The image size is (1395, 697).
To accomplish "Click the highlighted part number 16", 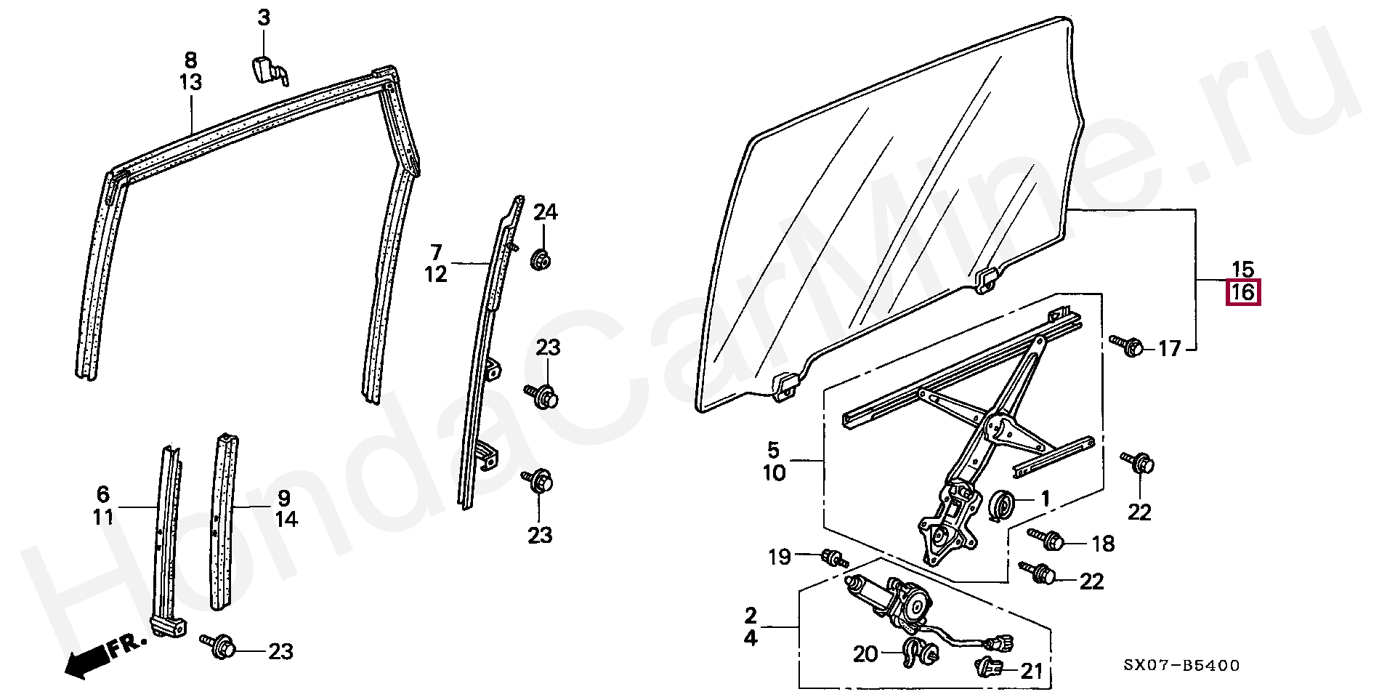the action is point(1243,293).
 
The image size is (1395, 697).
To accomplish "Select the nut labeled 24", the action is point(539,259).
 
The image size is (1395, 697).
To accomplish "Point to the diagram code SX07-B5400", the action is point(1181,666).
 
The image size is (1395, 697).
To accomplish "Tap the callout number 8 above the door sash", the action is point(190,60).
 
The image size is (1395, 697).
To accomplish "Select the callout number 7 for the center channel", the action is point(435,253).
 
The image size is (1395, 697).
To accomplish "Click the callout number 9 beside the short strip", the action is point(283,498).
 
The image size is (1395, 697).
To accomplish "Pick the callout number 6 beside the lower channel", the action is point(102,495).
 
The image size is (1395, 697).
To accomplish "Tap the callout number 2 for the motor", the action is point(751,616).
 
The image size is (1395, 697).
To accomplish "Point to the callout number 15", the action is point(1243,269).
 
